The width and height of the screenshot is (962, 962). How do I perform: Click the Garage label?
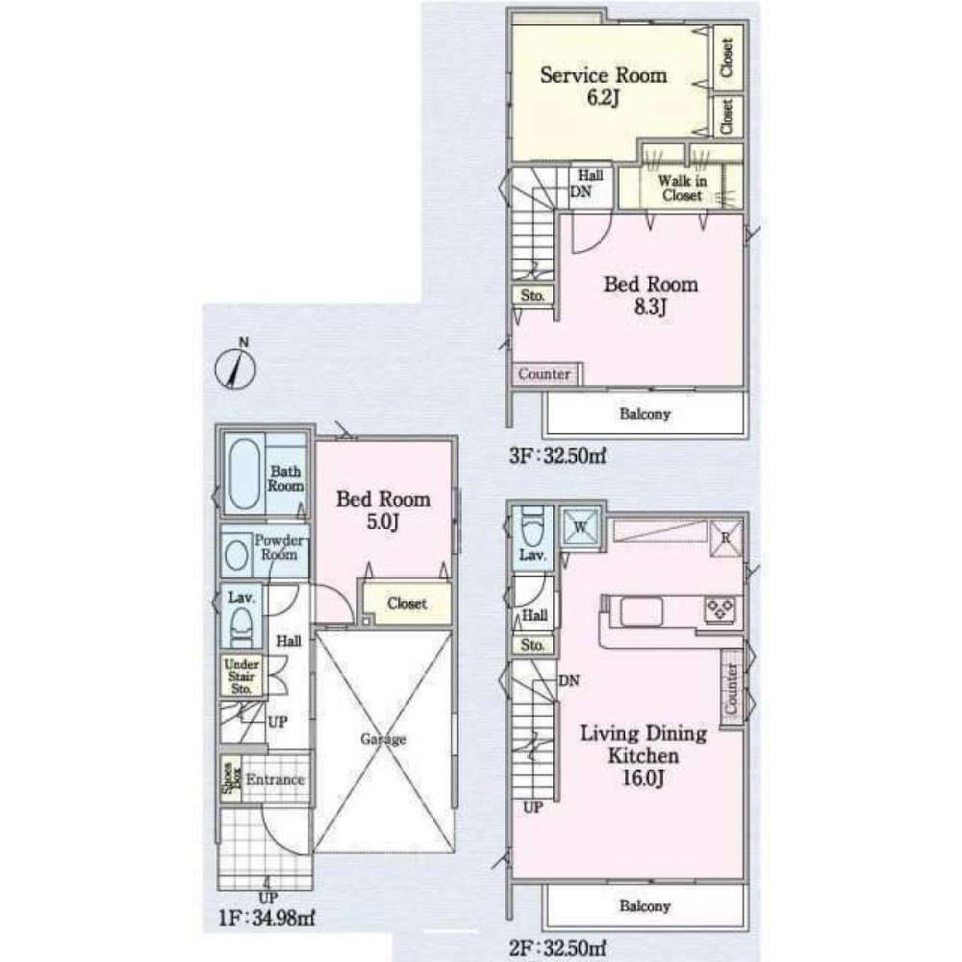click(x=383, y=740)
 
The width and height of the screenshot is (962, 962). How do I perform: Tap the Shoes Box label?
click(x=227, y=780)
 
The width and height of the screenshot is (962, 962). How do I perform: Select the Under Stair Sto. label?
click(x=240, y=675)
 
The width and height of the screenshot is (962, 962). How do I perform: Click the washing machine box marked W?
click(x=581, y=527)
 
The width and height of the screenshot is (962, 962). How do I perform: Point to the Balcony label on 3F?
click(x=646, y=416)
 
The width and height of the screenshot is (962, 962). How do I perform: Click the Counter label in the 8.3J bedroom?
click(x=545, y=374)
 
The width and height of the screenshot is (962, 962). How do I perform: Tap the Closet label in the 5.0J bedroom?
click(x=406, y=604)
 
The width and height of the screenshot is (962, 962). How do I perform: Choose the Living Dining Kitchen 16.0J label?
click(x=643, y=755)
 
